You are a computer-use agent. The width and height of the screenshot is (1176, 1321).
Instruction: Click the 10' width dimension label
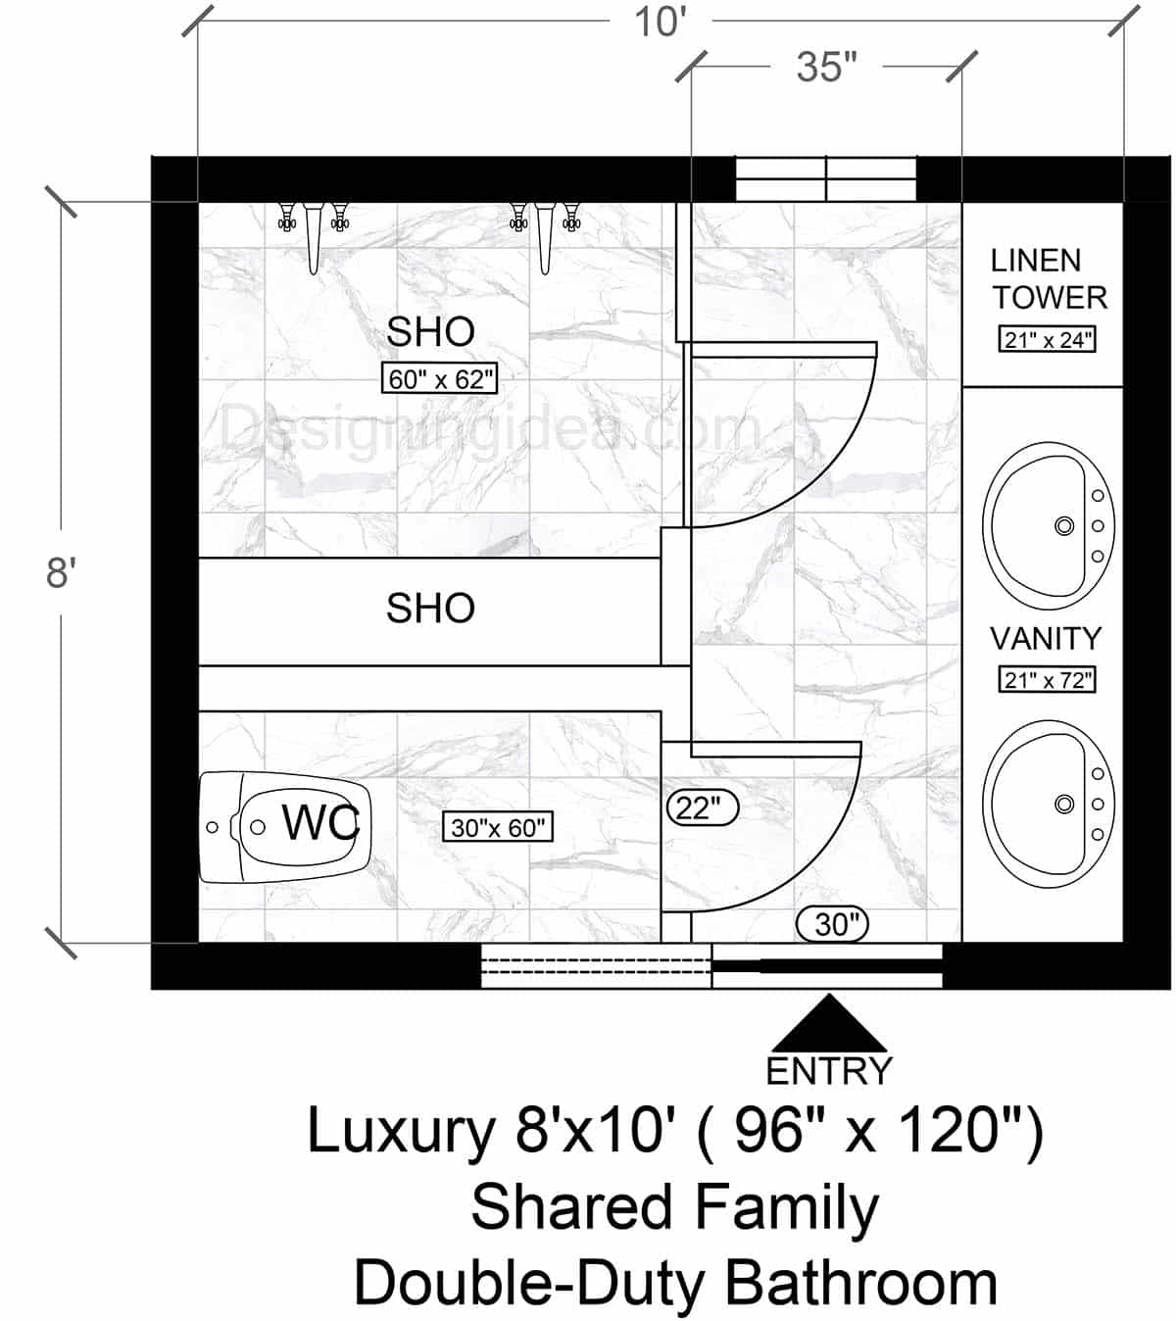[x=659, y=21]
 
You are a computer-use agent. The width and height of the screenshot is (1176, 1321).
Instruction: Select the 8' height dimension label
[x=61, y=572]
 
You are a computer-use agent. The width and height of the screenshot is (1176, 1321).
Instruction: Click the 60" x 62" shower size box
[x=440, y=379]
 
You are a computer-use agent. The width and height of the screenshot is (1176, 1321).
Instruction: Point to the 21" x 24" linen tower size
[x=1048, y=340]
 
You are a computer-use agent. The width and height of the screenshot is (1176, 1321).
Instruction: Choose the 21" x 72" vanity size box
[x=1048, y=679]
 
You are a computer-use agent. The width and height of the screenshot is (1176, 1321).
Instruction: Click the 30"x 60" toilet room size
[x=498, y=827]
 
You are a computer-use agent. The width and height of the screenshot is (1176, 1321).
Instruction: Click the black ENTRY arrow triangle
[x=830, y=1027]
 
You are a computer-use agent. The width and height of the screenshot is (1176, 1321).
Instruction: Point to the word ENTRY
[x=829, y=1071]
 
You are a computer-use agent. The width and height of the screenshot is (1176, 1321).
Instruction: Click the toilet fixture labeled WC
[x=284, y=826]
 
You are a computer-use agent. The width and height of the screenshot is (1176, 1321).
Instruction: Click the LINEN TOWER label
[x=1048, y=278]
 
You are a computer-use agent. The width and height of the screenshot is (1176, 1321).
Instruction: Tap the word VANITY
[x=1046, y=639]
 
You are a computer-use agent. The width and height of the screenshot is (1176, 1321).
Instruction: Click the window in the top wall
[x=826, y=179]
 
